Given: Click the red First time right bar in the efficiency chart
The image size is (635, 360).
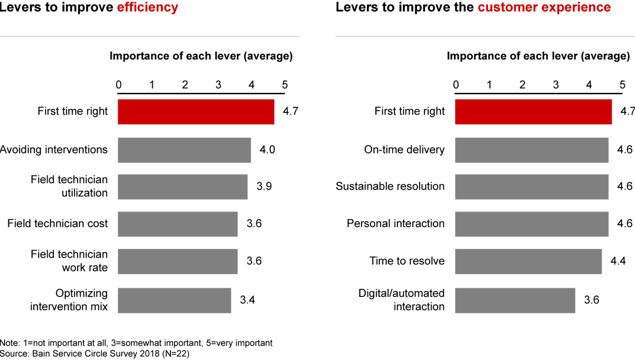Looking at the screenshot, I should [196, 112].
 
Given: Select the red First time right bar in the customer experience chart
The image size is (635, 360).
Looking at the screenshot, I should [533, 112].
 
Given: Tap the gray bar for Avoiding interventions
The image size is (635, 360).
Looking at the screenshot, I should [184, 150].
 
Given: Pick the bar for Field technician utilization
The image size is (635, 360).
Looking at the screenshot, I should [182, 186].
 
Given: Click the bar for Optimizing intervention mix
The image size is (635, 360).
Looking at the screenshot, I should [174, 300].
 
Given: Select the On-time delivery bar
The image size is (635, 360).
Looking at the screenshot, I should [532, 150].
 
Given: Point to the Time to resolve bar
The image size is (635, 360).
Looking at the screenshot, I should [528, 261].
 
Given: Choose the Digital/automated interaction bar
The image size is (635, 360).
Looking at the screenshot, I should [515, 300].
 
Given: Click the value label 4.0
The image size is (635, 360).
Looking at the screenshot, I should [267, 150].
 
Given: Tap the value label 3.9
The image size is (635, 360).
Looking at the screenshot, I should [264, 186].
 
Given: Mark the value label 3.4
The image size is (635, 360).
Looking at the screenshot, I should [248, 300].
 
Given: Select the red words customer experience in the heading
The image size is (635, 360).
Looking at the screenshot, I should [544, 8].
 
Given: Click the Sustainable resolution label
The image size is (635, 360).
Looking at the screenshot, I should [390, 186].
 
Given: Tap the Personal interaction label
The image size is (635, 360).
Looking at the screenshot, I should [395, 224].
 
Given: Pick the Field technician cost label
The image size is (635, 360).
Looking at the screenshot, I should [58, 224].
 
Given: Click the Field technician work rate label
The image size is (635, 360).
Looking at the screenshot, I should [69, 261].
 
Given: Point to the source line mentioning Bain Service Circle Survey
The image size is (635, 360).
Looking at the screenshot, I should [95, 354].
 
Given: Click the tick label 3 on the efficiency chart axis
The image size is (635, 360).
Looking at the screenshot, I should [218, 85].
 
